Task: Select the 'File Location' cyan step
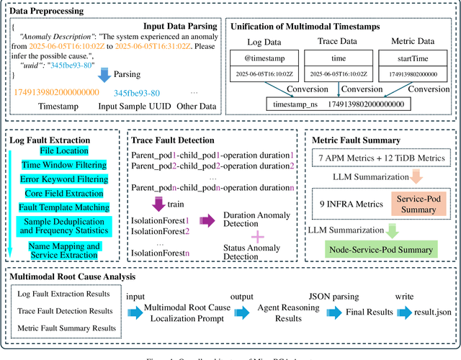[64, 150]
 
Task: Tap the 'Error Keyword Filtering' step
[63, 179]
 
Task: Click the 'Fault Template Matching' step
[63, 207]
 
